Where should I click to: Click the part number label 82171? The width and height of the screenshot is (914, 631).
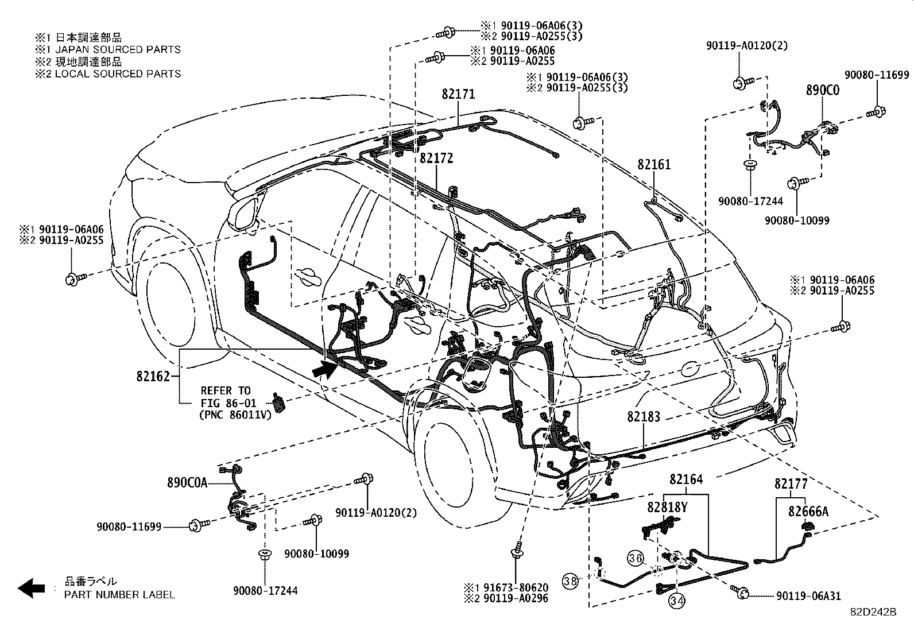458,94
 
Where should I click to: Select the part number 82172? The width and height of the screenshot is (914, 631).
436,158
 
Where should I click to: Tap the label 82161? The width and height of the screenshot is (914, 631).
653,165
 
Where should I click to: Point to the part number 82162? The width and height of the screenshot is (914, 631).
153,377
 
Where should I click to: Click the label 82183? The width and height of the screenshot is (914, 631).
643,417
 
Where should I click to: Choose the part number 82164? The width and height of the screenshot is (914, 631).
685,479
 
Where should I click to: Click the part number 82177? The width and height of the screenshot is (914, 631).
791,484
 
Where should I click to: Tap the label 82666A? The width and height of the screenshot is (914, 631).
808,511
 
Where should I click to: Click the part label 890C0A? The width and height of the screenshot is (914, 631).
187,483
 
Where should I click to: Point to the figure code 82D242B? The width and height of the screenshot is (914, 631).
873,613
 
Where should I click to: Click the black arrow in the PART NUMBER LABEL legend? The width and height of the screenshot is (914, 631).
31,588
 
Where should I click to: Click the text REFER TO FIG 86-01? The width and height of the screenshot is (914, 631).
226,396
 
